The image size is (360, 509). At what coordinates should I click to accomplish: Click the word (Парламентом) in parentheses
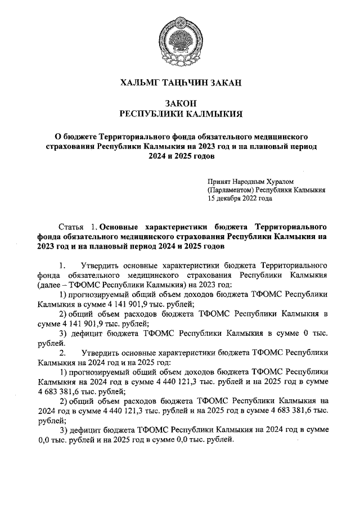[231, 190]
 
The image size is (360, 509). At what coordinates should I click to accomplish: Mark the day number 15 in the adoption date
[211, 199]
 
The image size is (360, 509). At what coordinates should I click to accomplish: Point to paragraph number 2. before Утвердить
[63, 353]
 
